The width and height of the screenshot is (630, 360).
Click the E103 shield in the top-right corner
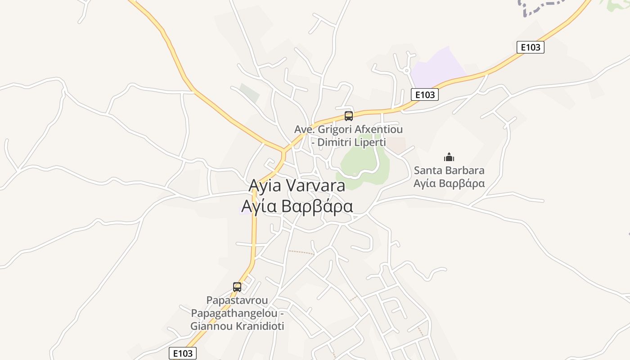tap(530, 47)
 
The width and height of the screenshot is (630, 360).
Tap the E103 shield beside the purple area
tap(424, 94)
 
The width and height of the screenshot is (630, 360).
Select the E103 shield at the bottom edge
tap(183, 353)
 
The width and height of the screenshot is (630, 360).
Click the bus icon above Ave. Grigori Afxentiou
tap(348, 116)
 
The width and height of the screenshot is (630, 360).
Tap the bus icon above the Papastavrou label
tap(237, 287)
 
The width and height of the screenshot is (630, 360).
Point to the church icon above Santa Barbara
tap(449, 157)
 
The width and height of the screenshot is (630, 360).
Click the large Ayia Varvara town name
tap(297, 185)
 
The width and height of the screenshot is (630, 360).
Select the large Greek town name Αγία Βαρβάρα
tap(297, 206)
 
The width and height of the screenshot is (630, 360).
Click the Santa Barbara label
tap(449, 171)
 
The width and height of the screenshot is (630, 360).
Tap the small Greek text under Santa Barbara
tap(449, 184)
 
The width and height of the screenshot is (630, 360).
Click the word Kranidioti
tap(259, 326)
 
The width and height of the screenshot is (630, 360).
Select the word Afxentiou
tap(378, 130)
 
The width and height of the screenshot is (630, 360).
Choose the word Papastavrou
tap(237, 300)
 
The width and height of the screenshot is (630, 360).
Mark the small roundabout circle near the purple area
tap(406, 70)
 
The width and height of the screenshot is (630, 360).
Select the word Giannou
tap(210, 326)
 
